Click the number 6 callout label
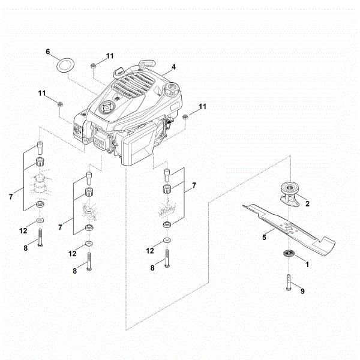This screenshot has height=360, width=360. (48, 52)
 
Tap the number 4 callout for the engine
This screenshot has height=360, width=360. (173, 67)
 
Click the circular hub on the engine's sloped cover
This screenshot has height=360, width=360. (107, 109)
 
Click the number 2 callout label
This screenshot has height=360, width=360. (307, 204)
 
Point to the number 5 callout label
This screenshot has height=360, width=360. (264, 237)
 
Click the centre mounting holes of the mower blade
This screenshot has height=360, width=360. (287, 227)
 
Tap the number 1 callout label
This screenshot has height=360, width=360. (307, 263)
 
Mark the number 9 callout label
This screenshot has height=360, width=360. (302, 291)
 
